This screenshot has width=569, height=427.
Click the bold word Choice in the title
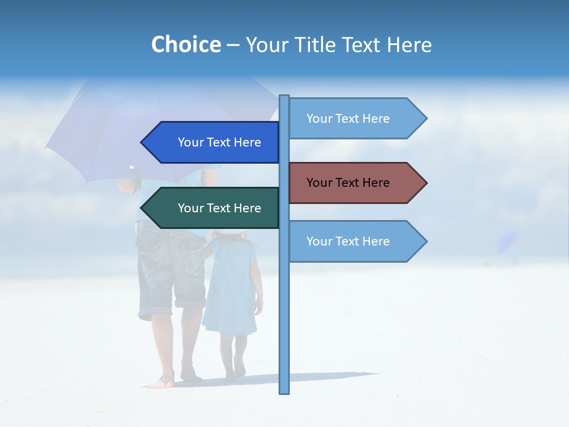pos(186,44)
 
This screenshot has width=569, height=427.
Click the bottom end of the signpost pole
pos(284,391)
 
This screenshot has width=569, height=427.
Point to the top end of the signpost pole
pos(284,97)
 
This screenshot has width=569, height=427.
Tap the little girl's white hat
pos(230,235)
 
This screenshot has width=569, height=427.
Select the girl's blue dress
pos(231,285)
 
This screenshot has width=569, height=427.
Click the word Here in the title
pos(409,44)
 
